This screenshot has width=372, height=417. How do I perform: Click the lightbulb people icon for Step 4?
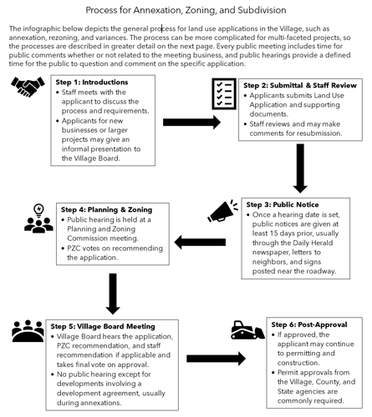point(38,219)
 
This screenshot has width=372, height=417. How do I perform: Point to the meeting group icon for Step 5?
point(28,331)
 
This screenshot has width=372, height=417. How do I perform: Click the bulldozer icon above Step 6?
point(247,329)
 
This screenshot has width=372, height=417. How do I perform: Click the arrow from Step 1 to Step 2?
point(191,123)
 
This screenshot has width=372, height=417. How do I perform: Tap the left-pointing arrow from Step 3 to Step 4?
point(197,243)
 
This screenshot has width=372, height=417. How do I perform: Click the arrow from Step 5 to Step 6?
point(215,359)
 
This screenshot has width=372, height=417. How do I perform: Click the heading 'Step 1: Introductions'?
point(92,83)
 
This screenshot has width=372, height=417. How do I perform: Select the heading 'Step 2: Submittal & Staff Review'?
point(299,86)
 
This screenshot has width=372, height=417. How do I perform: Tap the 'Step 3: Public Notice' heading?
point(282,204)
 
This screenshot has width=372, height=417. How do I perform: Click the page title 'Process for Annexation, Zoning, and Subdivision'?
point(186,10)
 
